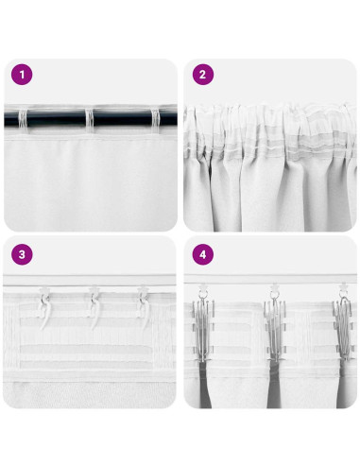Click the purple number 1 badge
(20, 73)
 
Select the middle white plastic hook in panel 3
(94, 304)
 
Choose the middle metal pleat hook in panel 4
(275, 321)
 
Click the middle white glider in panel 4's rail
(275, 286)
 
